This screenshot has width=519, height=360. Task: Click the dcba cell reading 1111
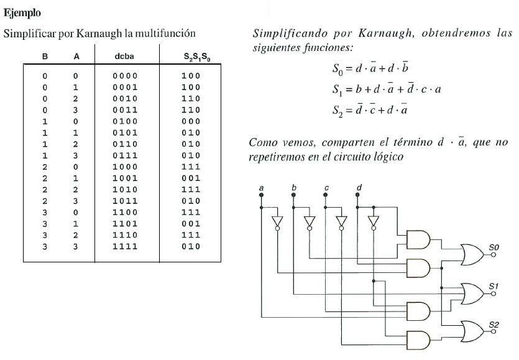click(125, 247)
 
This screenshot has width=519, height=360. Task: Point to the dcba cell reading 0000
click(125, 75)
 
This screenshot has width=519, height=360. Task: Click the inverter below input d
click(373, 223)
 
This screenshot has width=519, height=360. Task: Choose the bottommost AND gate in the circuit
click(417, 339)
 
